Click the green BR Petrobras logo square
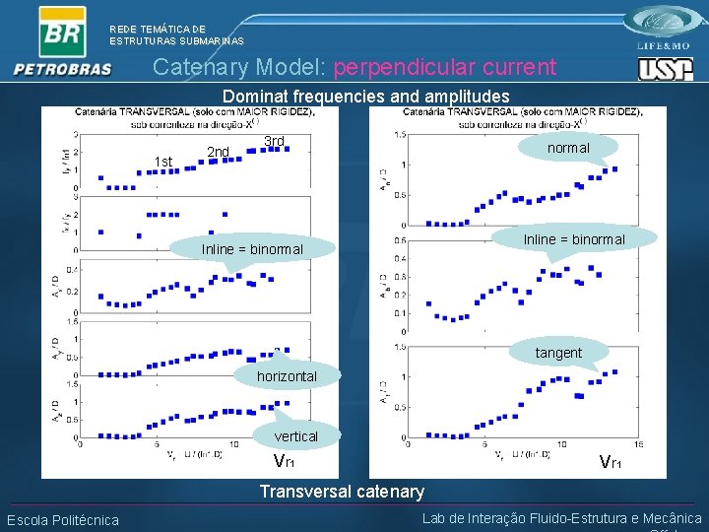click(62, 32)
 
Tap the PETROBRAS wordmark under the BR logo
click(62, 69)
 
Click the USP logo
click(666, 68)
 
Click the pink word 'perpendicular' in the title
click(444, 67)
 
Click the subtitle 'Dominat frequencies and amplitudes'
click(365, 97)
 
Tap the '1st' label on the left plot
click(163, 162)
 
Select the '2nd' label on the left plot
click(218, 152)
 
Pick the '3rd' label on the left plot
click(274, 141)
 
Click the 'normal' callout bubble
click(568, 148)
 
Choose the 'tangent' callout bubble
click(558, 353)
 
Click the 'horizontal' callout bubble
click(287, 376)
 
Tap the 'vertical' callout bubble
click(295, 436)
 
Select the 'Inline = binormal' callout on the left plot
click(252, 249)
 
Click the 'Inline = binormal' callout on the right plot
click(574, 239)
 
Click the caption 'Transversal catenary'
click(341, 492)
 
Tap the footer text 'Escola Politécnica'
click(62, 520)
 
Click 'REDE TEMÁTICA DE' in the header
click(158, 30)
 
